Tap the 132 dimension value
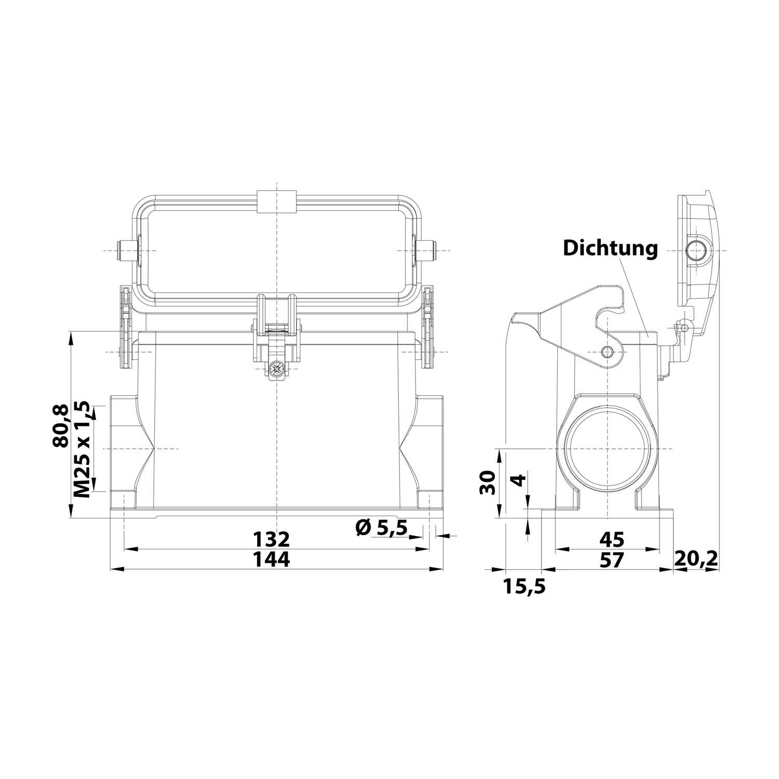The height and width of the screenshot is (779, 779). [271, 539]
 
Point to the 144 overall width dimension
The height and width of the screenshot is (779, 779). [271, 559]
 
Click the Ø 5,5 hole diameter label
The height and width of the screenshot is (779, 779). [382, 529]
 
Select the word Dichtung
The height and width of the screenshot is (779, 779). [610, 248]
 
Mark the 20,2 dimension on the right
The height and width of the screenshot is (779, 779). [696, 559]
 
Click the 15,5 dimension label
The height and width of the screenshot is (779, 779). [524, 586]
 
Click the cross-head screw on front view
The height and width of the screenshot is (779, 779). [276, 370]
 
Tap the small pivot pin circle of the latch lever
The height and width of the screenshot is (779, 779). [607, 353]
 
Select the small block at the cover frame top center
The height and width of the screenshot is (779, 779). [276, 202]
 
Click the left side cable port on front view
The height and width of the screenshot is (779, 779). [124, 448]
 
